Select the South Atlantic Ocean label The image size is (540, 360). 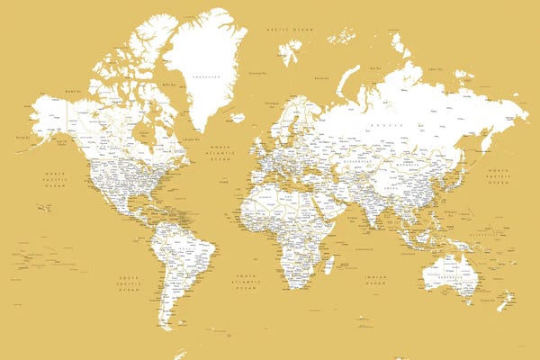coord(245,282)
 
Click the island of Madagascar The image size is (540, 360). coord(328,263)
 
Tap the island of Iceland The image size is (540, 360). coord(236,117)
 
